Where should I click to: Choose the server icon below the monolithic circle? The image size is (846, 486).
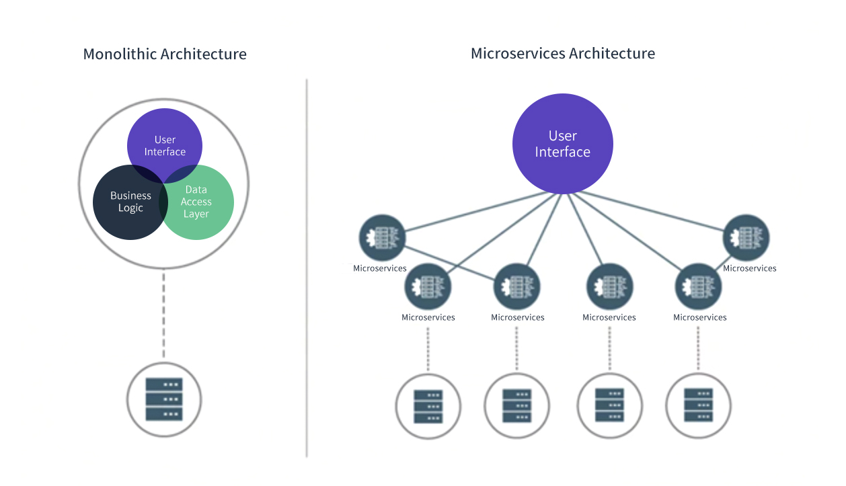tap(164, 399)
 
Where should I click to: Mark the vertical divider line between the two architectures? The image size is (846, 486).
tap(307, 269)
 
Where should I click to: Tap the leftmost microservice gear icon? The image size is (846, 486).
tap(381, 237)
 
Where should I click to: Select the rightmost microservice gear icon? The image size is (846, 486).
tap(746, 237)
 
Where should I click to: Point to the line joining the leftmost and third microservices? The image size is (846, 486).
tap(451, 263)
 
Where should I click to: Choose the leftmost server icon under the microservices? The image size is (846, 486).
tap(428, 406)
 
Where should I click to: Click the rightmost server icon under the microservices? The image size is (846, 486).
tap(698, 405)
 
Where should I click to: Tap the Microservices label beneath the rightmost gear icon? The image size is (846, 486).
tap(749, 268)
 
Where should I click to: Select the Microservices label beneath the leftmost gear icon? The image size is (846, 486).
tap(380, 268)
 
